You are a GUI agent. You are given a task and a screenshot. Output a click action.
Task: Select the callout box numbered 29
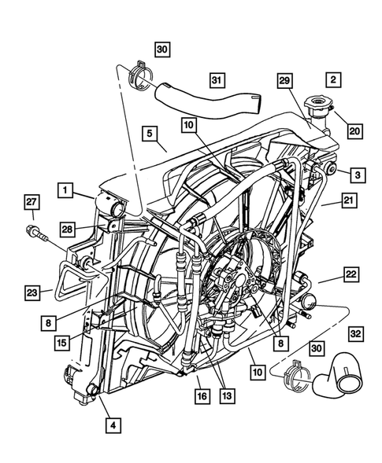tap(285, 80)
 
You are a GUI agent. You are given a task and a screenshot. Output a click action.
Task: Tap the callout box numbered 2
tap(333, 80)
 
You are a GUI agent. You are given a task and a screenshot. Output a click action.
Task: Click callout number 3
tap(357, 174)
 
